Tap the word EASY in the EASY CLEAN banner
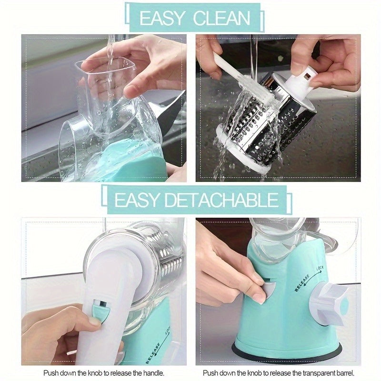pos(162,18)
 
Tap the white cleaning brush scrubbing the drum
pos(243,81)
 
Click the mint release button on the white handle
pos(100,312)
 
